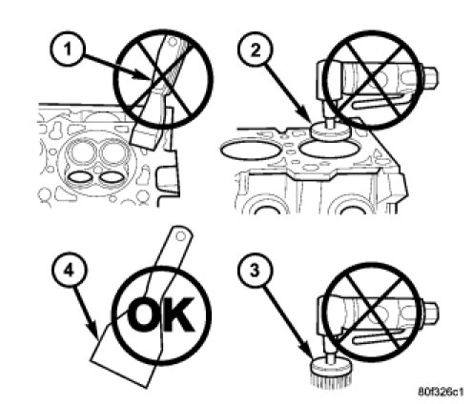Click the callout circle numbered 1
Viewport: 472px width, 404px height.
coord(68,50)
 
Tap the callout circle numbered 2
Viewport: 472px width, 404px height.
coord(256,50)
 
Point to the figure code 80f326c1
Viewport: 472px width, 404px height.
coord(441,392)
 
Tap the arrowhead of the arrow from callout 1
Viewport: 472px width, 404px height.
coord(145,76)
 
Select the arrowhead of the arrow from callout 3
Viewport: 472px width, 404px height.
coord(309,352)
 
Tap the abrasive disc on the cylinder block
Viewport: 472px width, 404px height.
coord(330,131)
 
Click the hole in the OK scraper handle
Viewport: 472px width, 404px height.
coord(180,236)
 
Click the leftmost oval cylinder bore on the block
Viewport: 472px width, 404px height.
coord(251,150)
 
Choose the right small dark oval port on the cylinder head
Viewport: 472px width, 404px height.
coord(111,177)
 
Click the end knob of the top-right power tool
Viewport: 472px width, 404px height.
coord(431,77)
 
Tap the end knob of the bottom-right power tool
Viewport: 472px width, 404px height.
coord(431,313)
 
